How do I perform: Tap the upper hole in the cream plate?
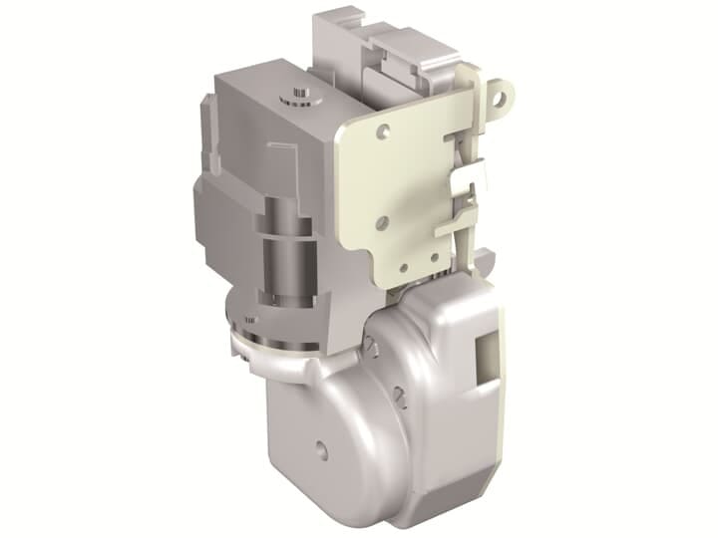point(382,129)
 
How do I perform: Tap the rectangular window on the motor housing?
point(490,355)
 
